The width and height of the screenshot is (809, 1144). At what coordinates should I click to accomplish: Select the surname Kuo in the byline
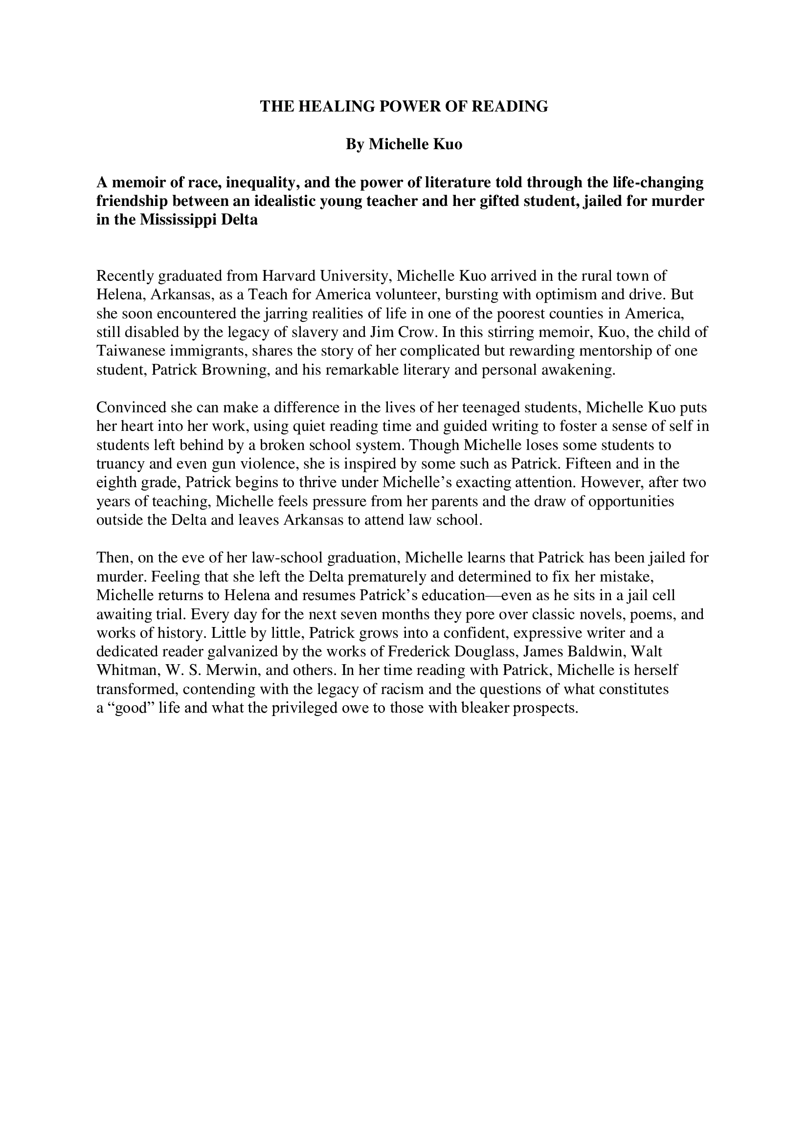tap(449, 144)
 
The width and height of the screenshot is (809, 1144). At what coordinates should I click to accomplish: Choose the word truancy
tap(120, 464)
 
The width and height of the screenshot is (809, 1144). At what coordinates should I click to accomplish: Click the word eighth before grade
tap(113, 483)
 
